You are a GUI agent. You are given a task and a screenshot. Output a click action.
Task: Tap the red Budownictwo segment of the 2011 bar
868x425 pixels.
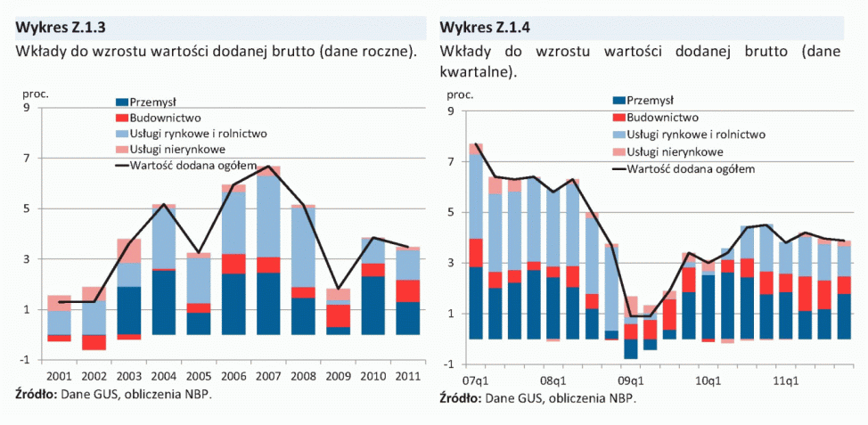pos(408,290)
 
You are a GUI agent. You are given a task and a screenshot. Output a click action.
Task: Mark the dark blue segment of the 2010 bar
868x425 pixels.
pos(373,305)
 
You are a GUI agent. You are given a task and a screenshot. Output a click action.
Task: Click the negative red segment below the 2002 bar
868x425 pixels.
pos(94,342)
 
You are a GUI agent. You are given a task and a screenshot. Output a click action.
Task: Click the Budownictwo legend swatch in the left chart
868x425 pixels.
pos(122,118)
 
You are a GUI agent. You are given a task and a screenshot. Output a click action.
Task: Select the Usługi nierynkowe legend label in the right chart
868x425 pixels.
pos(676,151)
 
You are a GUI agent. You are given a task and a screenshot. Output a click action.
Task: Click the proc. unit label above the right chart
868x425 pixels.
pos(460,94)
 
